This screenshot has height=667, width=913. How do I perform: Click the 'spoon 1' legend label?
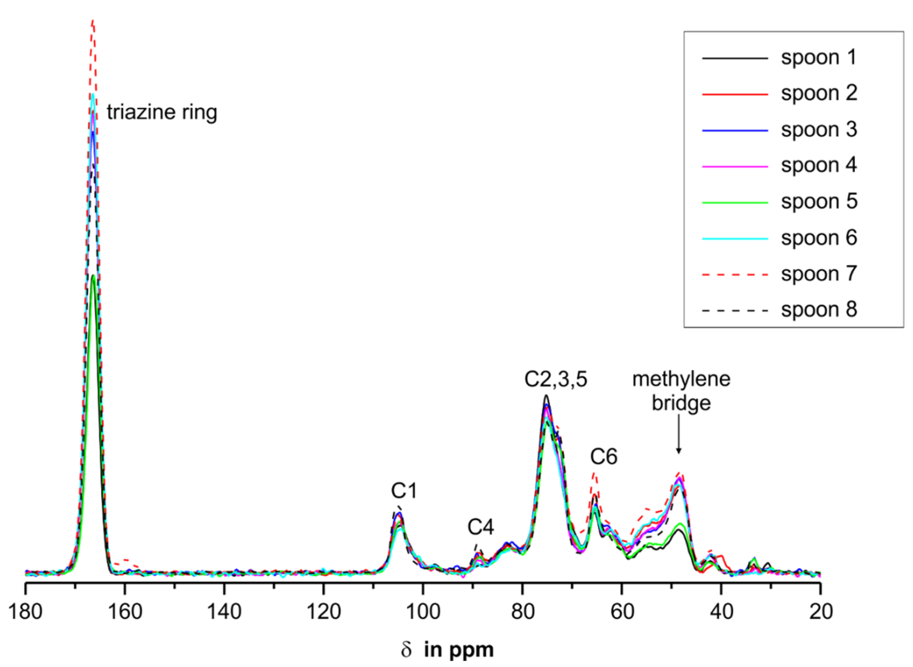[819, 58]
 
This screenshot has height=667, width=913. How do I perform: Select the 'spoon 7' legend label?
[819, 274]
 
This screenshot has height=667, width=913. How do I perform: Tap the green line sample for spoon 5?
[735, 202]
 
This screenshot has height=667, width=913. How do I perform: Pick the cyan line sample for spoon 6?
[735, 239]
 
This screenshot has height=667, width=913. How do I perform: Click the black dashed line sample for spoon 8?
[735, 311]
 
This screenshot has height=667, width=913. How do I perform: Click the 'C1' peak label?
[404, 491]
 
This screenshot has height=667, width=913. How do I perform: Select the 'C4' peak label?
[481, 527]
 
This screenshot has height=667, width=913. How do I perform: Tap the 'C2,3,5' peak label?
[556, 380]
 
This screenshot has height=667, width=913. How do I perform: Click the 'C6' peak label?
[604, 457]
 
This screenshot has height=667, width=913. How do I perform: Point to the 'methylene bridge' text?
[681, 391]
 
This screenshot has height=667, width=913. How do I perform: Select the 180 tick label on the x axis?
[25, 612]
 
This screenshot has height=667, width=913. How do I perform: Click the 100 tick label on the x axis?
[423, 612]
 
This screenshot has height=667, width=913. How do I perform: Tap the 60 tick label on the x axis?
[622, 612]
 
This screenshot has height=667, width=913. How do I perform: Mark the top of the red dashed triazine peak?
[93, 20]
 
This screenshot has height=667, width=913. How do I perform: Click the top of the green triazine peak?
[93, 276]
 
